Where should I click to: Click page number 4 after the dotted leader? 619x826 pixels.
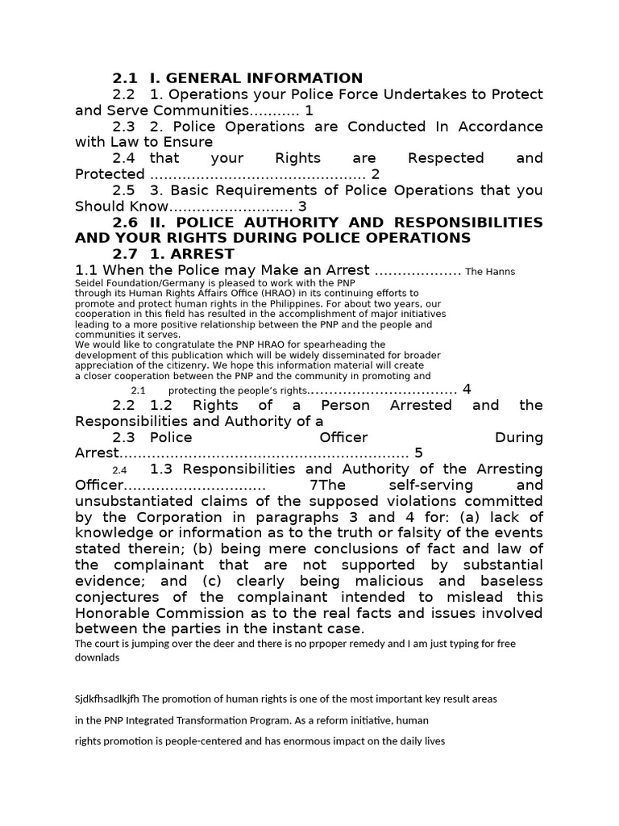[x=466, y=390]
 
